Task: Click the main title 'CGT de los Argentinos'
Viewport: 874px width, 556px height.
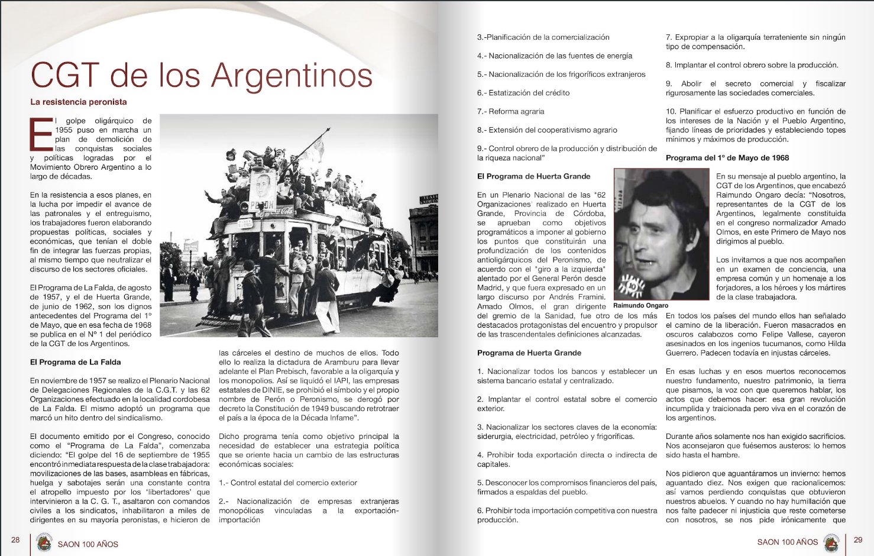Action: pyautogui.click(x=201, y=75)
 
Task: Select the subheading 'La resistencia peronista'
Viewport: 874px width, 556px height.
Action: pyautogui.click(x=79, y=102)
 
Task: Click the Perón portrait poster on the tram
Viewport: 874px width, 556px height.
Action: pyautogui.click(x=262, y=189)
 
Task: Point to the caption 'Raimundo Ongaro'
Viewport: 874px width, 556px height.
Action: pyautogui.click(x=640, y=306)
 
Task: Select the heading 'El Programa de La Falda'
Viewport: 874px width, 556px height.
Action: pyautogui.click(x=75, y=362)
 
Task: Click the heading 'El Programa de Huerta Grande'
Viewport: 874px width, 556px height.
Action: pyautogui.click(x=533, y=176)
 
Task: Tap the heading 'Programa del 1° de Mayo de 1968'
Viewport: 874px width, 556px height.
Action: pyautogui.click(x=727, y=158)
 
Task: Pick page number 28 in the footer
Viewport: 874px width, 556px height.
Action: pyautogui.click(x=15, y=539)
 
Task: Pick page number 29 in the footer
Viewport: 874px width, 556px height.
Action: pyautogui.click(x=858, y=539)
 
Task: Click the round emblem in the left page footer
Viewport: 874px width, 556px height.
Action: pyautogui.click(x=44, y=543)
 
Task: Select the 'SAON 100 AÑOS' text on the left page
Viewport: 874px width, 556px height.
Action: pyautogui.click(x=88, y=544)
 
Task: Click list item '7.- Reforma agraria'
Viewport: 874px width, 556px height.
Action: pyautogui.click(x=510, y=111)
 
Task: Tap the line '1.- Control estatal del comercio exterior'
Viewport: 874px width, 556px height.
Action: pyautogui.click(x=288, y=483)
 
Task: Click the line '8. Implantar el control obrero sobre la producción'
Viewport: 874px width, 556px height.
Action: pyautogui.click(x=752, y=65)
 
